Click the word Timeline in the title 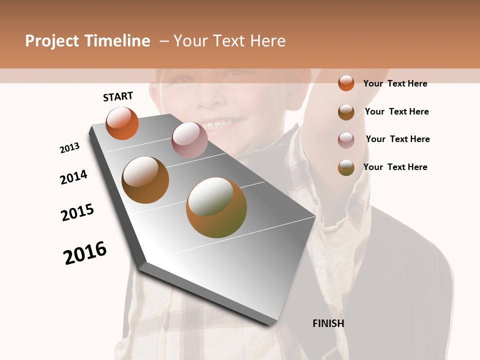click(117, 41)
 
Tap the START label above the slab click(118, 96)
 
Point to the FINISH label click(328, 323)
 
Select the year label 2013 click(70, 148)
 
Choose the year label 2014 click(73, 177)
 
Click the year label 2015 click(77, 212)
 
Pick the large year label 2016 click(85, 252)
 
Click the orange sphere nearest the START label click(122, 123)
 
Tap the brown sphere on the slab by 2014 click(145, 179)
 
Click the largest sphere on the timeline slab click(216, 207)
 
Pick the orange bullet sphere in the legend click(346, 83)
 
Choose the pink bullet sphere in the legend click(346, 140)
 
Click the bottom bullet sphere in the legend click(346, 167)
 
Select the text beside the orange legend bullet click(395, 83)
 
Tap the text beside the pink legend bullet click(398, 139)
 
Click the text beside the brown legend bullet click(397, 111)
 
